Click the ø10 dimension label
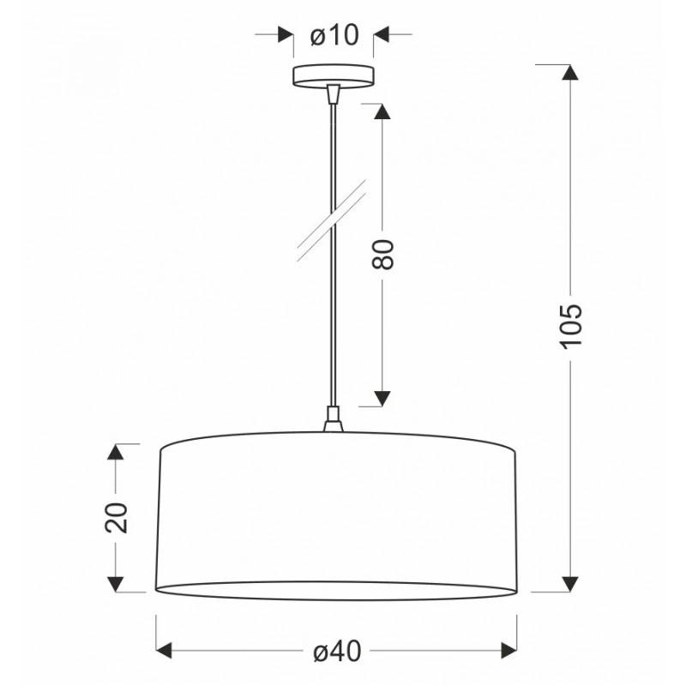coord(334,35)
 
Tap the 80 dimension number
coord(382,254)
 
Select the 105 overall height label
coord(571,326)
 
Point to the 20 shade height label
coord(117,518)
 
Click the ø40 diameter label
coord(337,651)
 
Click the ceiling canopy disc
coord(334,76)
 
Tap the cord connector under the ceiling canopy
coord(334,93)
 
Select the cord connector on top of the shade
coord(334,419)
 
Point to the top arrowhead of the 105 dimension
coord(569,72)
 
